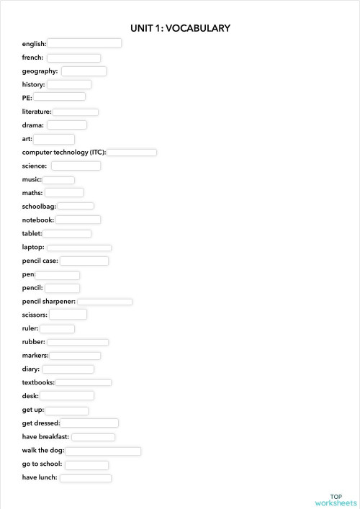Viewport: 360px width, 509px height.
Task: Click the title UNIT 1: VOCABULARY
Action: click(180, 28)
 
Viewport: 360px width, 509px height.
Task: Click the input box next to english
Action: click(84, 43)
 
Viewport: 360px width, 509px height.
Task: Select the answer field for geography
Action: click(84, 71)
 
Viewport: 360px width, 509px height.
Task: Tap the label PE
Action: click(27, 97)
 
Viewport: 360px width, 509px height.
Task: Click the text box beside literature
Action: click(76, 112)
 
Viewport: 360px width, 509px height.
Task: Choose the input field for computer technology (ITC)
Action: click(132, 153)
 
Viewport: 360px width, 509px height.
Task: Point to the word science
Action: click(35, 166)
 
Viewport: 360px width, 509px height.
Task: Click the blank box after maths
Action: click(64, 193)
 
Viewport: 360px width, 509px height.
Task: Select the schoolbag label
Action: click(39, 207)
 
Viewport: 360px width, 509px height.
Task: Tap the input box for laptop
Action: click(78, 248)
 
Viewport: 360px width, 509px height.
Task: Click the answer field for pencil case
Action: click(84, 261)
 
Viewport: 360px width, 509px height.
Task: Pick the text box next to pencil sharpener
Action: click(104, 302)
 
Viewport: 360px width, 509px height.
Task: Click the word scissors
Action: click(35, 315)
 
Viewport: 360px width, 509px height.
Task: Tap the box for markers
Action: click(75, 356)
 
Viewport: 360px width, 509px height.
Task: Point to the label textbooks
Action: click(38, 382)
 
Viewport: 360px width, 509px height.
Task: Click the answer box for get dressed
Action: click(89, 423)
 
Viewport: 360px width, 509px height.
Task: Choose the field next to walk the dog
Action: click(103, 451)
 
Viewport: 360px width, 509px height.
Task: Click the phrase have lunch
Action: click(40, 477)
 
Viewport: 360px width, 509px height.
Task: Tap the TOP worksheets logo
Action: click(336, 500)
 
